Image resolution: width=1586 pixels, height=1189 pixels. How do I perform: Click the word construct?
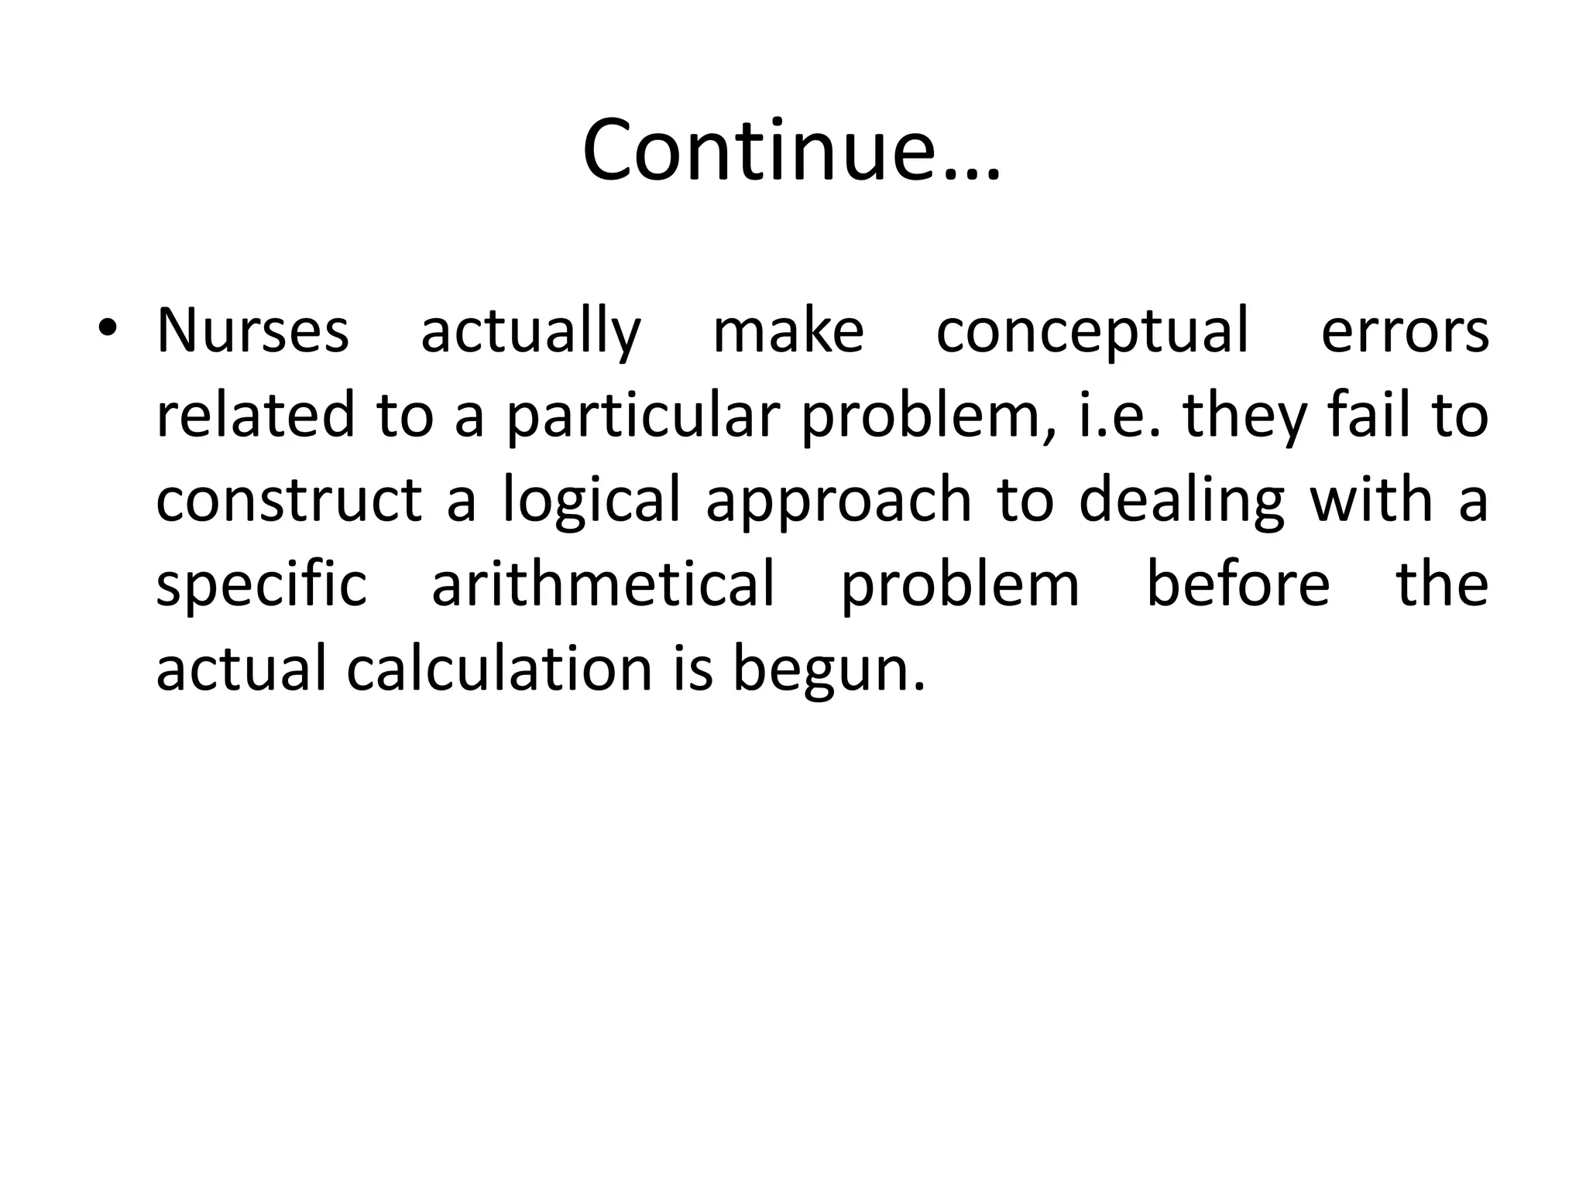289,499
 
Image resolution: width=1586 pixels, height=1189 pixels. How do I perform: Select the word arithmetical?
603,584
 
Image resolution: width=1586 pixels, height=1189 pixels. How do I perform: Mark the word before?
1238,584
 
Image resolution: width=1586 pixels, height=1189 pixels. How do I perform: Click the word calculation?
499,668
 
